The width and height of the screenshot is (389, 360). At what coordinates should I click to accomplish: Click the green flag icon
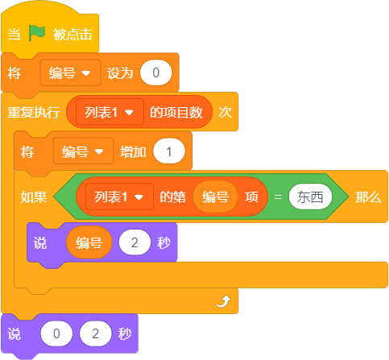pyautogui.click(x=37, y=33)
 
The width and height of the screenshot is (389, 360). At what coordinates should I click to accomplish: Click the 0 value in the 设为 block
pyautogui.click(x=155, y=72)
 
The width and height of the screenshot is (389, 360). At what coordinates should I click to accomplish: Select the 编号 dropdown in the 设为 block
pyautogui.click(x=70, y=72)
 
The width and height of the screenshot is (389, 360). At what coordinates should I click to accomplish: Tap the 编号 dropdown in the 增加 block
pyautogui.click(x=84, y=151)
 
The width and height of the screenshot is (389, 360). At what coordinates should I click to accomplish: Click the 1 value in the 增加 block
pyautogui.click(x=169, y=151)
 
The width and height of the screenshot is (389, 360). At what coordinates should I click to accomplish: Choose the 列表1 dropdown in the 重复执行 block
pyautogui.click(x=110, y=112)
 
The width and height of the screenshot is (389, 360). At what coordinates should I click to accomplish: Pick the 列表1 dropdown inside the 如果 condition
pyautogui.click(x=119, y=197)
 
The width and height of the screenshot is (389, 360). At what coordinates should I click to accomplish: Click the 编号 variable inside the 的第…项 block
pyautogui.click(x=215, y=197)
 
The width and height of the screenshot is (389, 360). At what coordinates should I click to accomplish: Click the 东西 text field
pyautogui.click(x=310, y=197)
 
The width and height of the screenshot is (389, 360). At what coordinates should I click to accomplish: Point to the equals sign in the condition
pyautogui.click(x=278, y=197)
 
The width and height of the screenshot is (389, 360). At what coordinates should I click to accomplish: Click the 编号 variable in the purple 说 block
pyautogui.click(x=89, y=242)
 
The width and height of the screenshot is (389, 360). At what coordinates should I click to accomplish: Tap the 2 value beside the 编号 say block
pyautogui.click(x=134, y=242)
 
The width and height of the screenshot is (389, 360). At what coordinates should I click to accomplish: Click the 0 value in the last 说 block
pyautogui.click(x=56, y=333)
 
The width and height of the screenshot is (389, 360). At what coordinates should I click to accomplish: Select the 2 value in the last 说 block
pyautogui.click(x=95, y=333)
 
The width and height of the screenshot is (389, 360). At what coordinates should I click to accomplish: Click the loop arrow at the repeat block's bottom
pyautogui.click(x=223, y=301)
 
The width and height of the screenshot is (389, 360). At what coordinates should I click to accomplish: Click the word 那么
pyautogui.click(x=368, y=197)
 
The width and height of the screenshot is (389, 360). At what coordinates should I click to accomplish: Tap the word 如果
pyautogui.click(x=34, y=197)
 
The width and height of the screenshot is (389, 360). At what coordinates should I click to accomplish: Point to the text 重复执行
pyautogui.click(x=34, y=112)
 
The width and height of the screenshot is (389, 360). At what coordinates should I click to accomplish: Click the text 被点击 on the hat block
pyautogui.click(x=72, y=35)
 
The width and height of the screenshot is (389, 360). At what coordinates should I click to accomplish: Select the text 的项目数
pyautogui.click(x=176, y=112)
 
